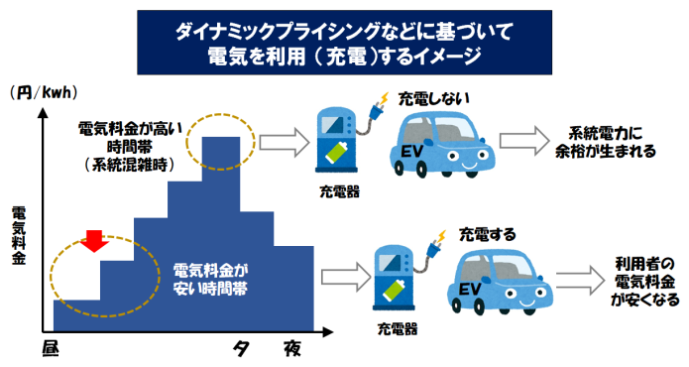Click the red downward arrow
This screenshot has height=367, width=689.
pyautogui.click(x=95, y=240)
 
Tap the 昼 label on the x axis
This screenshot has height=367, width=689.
pyautogui.click(x=52, y=348)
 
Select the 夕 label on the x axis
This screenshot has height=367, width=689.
pyautogui.click(x=241, y=348)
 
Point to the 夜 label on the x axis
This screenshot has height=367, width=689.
pyautogui.click(x=291, y=348)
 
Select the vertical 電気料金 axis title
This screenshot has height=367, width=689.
pyautogui.click(x=18, y=235)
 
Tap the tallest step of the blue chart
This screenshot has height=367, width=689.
pyautogui.click(x=219, y=159)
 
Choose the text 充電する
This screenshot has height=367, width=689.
pyautogui.click(x=487, y=235)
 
